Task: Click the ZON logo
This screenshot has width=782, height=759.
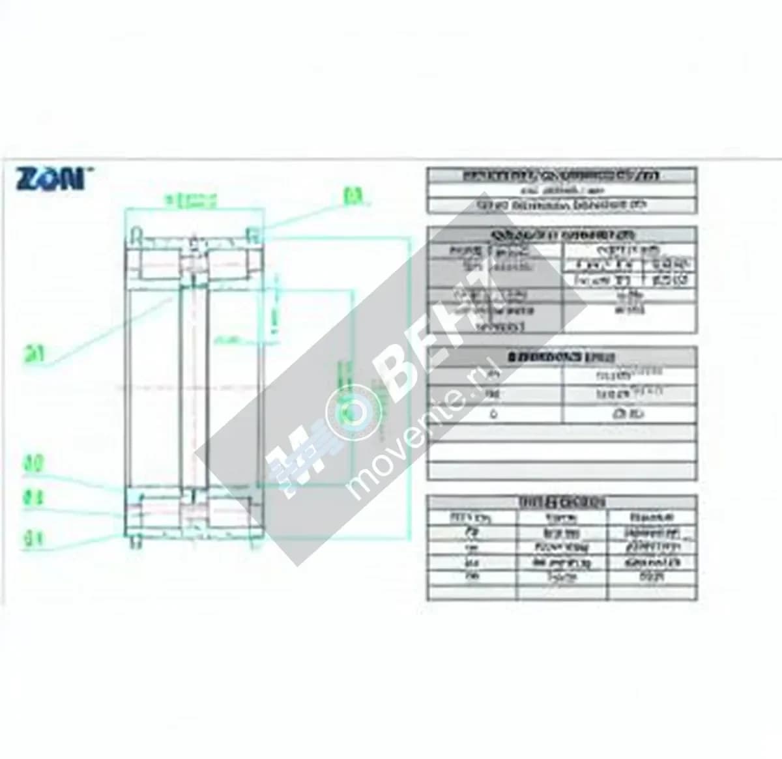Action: click(50, 179)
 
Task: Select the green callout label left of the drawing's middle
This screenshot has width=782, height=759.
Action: click(34, 354)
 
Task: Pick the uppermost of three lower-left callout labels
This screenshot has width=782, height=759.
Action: click(33, 465)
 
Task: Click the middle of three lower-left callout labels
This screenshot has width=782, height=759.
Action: click(33, 498)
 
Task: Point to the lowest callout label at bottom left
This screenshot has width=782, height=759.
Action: click(33, 537)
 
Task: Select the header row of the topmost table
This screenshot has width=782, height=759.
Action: click(561, 175)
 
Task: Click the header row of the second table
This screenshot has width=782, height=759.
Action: click(561, 235)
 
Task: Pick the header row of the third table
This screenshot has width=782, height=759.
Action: click(561, 356)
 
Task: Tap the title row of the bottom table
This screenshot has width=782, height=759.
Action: click(561, 502)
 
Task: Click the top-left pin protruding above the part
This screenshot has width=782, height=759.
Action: click(136, 233)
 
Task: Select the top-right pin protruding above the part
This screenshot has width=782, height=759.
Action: click(253, 233)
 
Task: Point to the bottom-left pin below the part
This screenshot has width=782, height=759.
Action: click(136, 542)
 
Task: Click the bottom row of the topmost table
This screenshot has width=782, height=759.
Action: click(561, 205)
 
